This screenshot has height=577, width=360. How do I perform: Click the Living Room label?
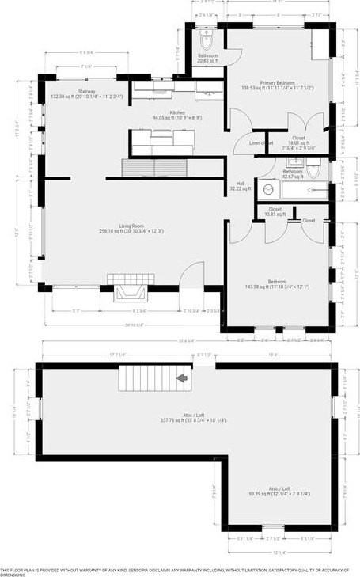[x=131, y=228]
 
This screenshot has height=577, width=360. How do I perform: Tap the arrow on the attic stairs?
[x=182, y=378]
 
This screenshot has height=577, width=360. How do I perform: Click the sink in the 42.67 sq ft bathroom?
[x=267, y=189]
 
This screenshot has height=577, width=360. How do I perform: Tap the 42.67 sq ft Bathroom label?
[x=294, y=173]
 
